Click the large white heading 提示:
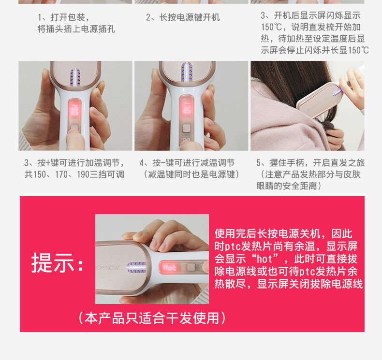coord(58,263)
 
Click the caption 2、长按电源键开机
coord(183,17)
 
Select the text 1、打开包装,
coord(63,17)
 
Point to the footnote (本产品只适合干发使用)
coord(152,318)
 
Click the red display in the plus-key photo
coord(74,110)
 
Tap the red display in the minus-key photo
coord(186,108)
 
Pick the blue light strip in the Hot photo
coord(136,268)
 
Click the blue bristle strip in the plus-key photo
coord(75,77)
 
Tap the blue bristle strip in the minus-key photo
coord(186,72)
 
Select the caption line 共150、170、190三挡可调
coord(74,174)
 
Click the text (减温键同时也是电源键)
coord(191,174)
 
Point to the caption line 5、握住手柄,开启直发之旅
coord(310,163)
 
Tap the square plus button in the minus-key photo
coord(186,128)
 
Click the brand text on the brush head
coord(107,268)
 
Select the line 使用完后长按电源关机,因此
coord(283,234)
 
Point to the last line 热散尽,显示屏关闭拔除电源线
coord(289,284)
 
